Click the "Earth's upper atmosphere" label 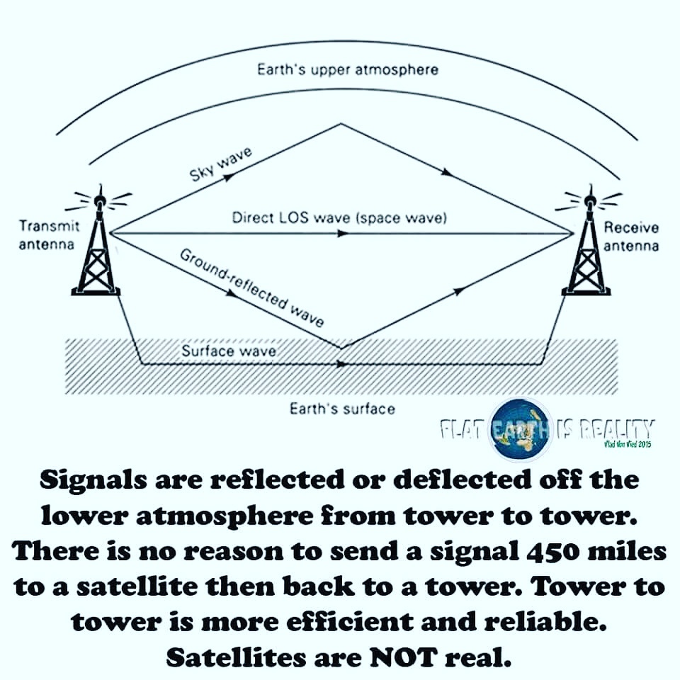[347, 70]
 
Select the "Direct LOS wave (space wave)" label [339, 217]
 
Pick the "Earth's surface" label [342, 409]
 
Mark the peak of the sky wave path [341, 124]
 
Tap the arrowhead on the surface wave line [343, 365]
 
